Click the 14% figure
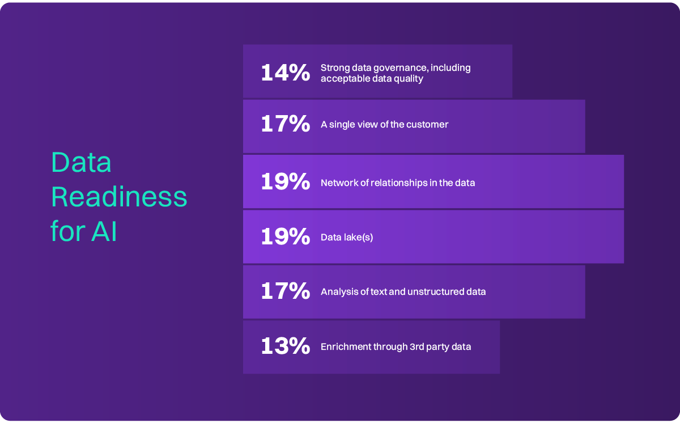[x=285, y=73]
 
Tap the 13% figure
[x=285, y=346]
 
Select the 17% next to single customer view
[x=285, y=124]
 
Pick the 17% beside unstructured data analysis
[x=285, y=291]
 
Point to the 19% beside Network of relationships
[x=285, y=182]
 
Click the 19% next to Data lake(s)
[x=285, y=236]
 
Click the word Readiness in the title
[x=119, y=197]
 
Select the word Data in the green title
[x=81, y=163]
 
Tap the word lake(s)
[x=358, y=237]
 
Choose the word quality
[x=408, y=78]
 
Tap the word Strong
[x=334, y=67]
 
